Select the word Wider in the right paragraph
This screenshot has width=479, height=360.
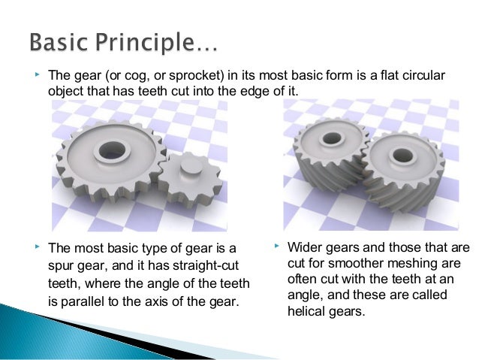pyautogui.click(x=306, y=247)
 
